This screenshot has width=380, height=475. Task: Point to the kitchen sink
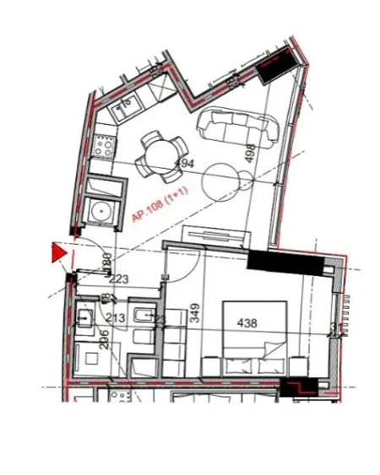coord(128,105)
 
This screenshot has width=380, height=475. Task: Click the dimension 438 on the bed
coord(247,321)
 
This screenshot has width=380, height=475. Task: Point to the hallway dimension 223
coord(118,279)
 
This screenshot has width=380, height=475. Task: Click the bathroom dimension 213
coord(115,318)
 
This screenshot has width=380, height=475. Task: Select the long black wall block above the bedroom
coord(286,262)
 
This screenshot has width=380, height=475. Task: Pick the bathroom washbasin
coord(85,318)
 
